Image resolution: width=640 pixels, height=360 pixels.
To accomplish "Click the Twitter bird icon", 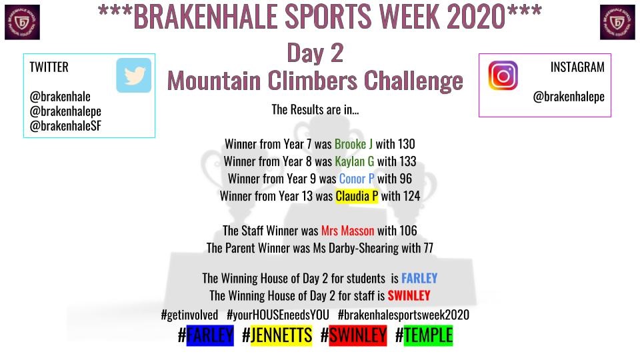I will point(134,75).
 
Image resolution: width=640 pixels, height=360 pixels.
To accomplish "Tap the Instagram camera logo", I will point(503,75).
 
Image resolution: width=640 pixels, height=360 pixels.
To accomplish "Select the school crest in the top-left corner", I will point(22,22).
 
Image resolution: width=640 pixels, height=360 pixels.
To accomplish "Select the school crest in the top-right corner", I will point(617,22).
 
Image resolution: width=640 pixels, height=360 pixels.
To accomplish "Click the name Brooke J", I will point(353,144).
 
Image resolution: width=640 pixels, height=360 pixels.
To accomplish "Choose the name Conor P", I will point(357,179).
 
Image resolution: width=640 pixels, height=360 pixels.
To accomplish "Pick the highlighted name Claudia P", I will point(357,196).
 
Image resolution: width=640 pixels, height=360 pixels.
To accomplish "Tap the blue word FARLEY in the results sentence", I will point(419,278).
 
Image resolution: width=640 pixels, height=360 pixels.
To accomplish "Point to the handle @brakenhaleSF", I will point(65,125).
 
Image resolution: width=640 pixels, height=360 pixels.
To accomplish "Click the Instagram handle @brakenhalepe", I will point(568,97).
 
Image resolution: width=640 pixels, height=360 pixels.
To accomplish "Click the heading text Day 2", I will point(315,53).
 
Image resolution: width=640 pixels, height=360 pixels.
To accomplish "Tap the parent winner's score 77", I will point(428,248).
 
